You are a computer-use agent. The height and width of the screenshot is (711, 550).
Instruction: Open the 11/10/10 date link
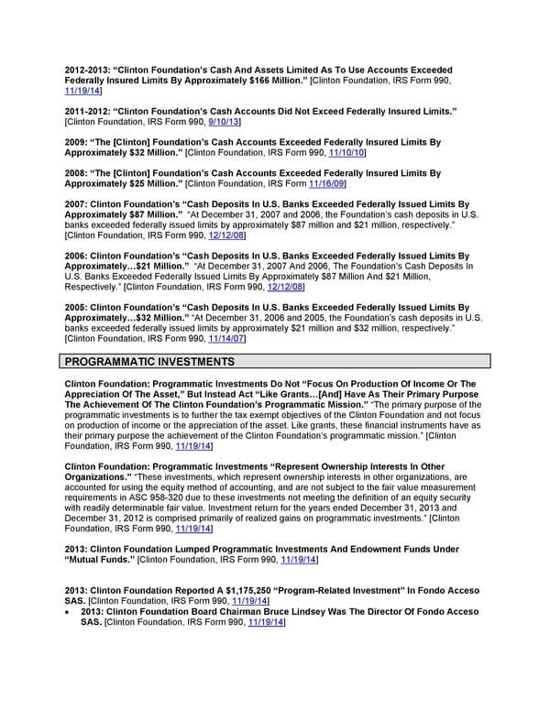pyautogui.click(x=350, y=152)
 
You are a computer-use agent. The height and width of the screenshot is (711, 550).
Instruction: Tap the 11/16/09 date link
pyautogui.click(x=329, y=183)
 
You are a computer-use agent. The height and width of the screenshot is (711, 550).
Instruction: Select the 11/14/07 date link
pyautogui.click(x=228, y=338)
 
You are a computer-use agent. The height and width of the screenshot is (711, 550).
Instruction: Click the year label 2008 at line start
pyautogui.click(x=74, y=173)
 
